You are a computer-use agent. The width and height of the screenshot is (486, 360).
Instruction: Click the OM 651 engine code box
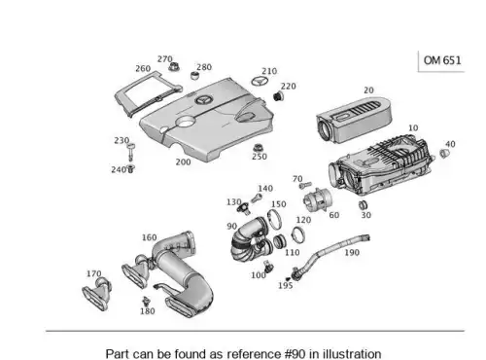point(441,60)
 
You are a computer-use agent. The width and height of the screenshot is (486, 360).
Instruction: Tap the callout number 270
point(164,59)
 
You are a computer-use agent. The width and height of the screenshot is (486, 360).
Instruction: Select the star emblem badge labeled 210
point(260,81)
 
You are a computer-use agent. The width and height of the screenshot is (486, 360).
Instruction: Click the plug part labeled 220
point(278,96)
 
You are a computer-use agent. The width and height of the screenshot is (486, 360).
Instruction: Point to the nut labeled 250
point(258,148)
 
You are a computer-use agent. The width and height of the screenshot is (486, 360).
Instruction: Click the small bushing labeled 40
point(444,153)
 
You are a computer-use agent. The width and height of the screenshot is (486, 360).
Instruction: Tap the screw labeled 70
point(305,186)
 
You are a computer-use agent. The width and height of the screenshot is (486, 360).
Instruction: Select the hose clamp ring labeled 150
point(275,219)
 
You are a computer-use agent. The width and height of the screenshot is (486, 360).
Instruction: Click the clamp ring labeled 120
point(298,234)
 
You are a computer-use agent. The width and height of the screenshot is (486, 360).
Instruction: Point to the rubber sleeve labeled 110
point(279,241)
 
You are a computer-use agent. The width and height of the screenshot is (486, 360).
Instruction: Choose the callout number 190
point(352,252)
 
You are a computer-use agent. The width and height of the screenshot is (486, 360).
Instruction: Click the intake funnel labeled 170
point(97,294)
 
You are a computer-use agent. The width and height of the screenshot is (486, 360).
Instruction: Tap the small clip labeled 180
point(146,302)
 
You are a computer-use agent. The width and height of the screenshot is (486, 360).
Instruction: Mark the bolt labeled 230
point(130,152)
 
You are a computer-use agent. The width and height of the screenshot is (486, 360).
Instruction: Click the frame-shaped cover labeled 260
point(148,93)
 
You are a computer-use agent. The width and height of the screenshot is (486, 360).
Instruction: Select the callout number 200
point(183,162)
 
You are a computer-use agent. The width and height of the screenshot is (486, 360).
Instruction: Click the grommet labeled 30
point(363,204)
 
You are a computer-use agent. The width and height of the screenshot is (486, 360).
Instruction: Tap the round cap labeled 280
point(194,77)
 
